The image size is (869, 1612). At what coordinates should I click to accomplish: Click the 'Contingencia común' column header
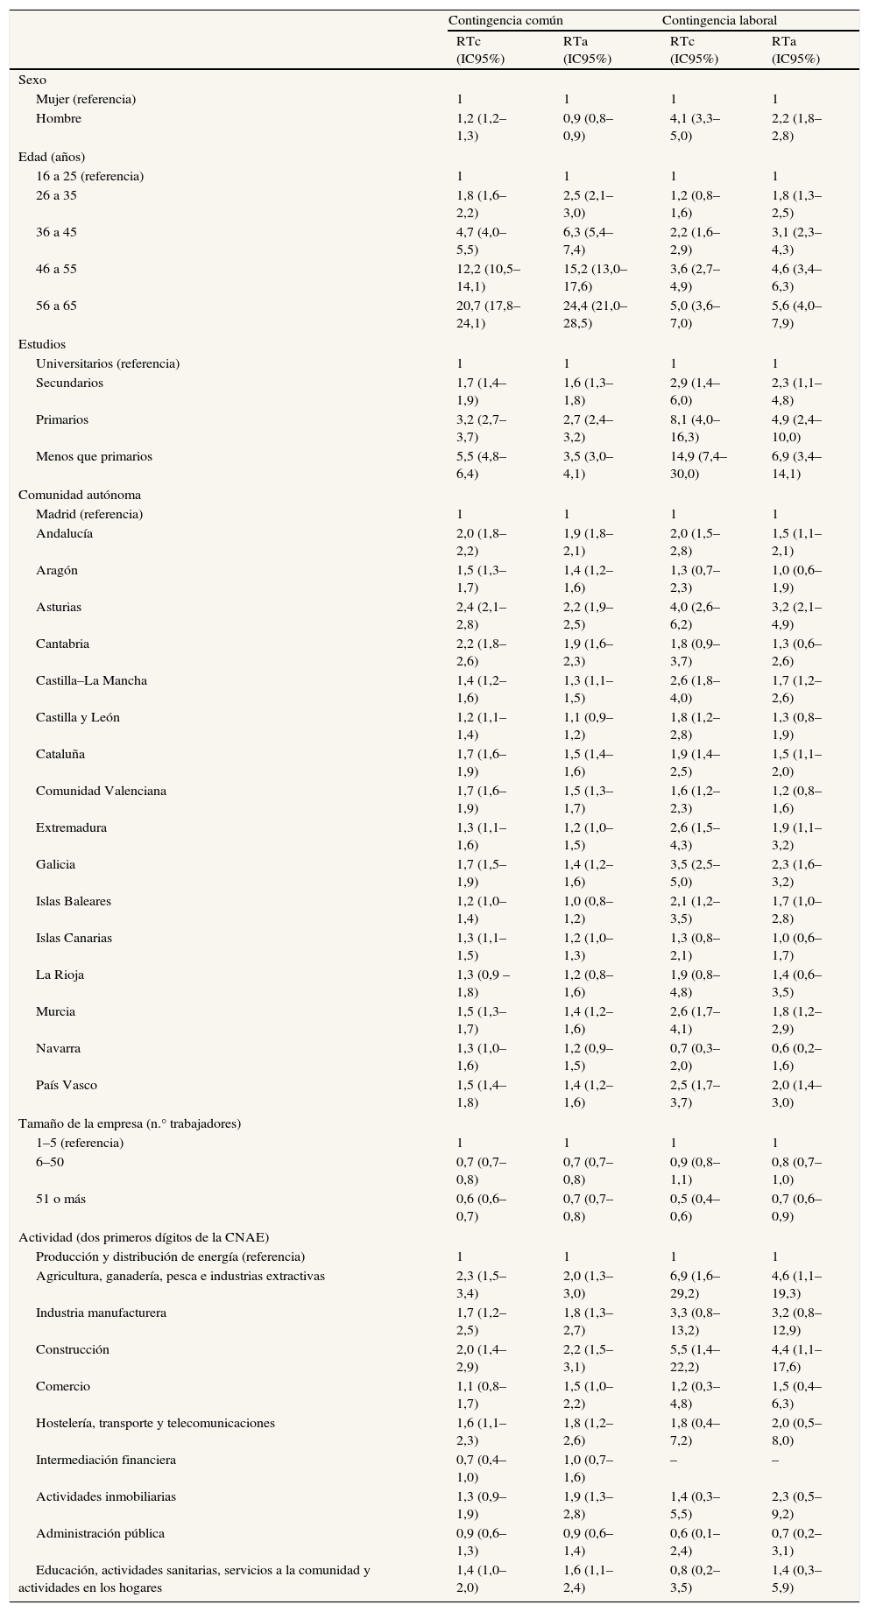(x=505, y=20)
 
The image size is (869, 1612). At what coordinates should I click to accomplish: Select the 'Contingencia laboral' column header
(x=719, y=20)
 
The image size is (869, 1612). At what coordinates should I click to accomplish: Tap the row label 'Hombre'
(x=59, y=118)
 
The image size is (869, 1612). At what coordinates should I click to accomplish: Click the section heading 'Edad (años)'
(x=52, y=157)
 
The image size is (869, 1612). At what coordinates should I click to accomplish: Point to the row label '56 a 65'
(x=56, y=306)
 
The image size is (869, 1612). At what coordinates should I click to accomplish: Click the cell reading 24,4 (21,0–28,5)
(x=595, y=314)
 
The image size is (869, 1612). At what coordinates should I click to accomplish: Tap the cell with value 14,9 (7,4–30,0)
(x=698, y=465)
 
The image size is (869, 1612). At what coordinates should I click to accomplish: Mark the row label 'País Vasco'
(x=67, y=1085)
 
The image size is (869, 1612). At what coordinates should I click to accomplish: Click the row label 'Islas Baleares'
(x=74, y=901)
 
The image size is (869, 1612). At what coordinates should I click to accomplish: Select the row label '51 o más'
(x=60, y=1199)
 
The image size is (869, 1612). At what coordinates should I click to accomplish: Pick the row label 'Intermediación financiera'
(x=106, y=1460)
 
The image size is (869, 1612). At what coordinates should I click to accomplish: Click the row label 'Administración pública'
(x=100, y=1533)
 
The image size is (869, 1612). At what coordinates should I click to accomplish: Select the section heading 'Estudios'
(x=42, y=344)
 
